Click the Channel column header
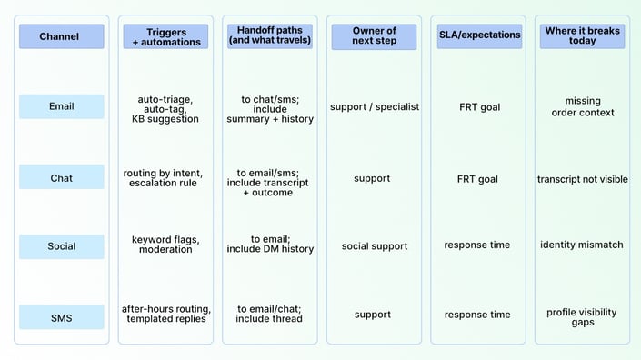[61, 36]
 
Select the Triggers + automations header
[165, 36]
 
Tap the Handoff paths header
[270, 36]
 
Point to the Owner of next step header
[375, 36]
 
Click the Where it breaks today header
[583, 36]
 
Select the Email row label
[61, 106]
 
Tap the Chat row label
[61, 178]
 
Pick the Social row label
[61, 246]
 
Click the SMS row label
[61, 318]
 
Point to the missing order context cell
[583, 106]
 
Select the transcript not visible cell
[583, 179]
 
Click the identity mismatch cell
[583, 245]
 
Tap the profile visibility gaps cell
[583, 317]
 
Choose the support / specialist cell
[375, 106]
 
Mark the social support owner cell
[375, 245]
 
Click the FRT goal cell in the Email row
[478, 106]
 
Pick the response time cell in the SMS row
[478, 315]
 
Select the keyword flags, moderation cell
[165, 245]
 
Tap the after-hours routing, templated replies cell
[165, 314]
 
